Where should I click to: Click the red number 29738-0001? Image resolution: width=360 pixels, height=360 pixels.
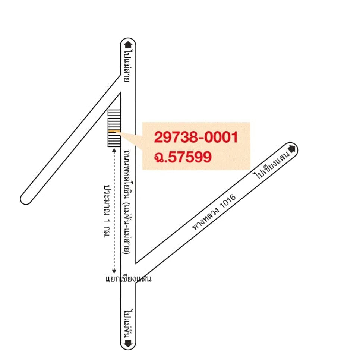[196, 137]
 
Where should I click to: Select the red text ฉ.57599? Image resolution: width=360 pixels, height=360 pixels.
[183, 157]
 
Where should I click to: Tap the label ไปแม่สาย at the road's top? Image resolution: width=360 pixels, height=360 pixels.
[128, 66]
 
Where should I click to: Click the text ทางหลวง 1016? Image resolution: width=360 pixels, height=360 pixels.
[214, 212]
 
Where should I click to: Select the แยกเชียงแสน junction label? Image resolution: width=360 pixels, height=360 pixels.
[128, 279]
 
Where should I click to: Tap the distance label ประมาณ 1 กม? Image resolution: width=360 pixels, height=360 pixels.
[107, 211]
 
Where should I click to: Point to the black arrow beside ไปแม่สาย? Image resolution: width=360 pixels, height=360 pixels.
[128, 45]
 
